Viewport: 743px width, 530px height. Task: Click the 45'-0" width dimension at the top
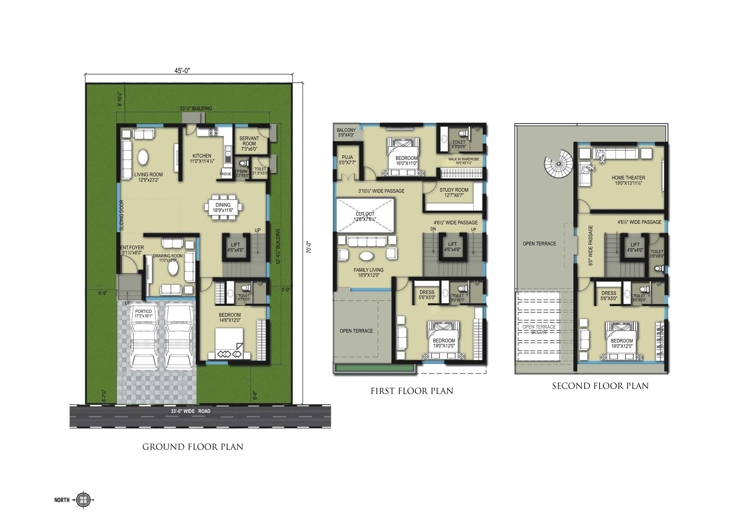pyautogui.click(x=182, y=70)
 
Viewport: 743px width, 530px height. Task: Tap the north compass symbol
pyautogui.click(x=84, y=499)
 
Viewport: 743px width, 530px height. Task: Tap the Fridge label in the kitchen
pyautogui.click(x=225, y=174)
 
